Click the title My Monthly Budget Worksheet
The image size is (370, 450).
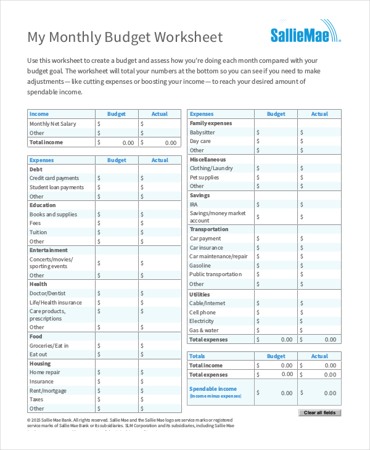pos(125,37)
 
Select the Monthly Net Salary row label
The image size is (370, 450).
pos(53,124)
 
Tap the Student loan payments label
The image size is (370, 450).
pos(57,187)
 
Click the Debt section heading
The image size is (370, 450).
pos(36,169)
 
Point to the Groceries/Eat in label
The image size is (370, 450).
pos(49,346)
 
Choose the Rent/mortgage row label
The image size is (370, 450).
pos(47,390)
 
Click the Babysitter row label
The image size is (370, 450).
pos(202,133)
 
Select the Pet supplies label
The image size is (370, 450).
pos(204,178)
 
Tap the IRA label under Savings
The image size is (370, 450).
pos(194,204)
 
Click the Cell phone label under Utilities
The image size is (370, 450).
pos(202,313)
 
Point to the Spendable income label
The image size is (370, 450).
pos(213,389)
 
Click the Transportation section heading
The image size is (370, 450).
pos(209,229)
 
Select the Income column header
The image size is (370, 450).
pos(39,114)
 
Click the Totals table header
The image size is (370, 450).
pos(197,356)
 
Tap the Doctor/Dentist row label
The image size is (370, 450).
pos(47,293)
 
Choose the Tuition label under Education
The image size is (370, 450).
pos(38,232)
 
